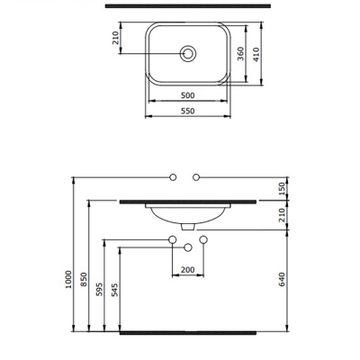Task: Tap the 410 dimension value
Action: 258,54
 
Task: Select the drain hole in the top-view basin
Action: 189,53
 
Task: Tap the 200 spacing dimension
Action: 188,269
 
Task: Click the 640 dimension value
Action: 284,280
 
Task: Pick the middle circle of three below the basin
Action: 188,247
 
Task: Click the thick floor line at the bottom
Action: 189,332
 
